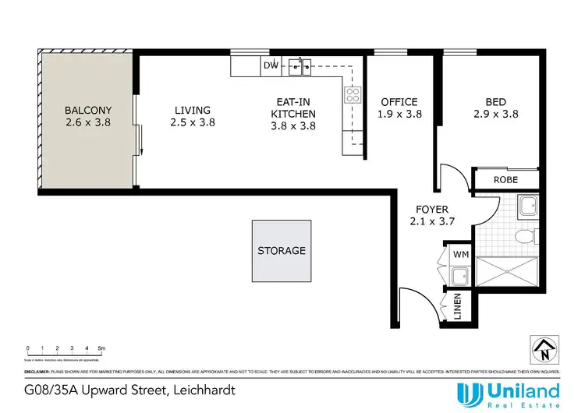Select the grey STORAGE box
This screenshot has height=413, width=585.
[282, 251]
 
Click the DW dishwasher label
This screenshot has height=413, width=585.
[271, 65]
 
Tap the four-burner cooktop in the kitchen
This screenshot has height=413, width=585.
[353, 96]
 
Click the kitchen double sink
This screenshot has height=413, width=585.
[302, 66]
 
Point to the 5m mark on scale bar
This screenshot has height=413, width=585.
[101, 348]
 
